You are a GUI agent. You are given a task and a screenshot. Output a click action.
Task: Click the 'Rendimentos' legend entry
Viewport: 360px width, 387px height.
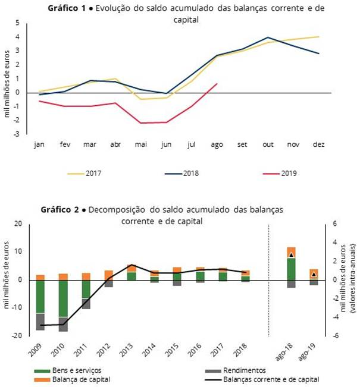pyautogui.click(x=244, y=370)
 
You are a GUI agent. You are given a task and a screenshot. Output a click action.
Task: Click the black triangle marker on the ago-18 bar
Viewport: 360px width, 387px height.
pyautogui.click(x=291, y=255)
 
